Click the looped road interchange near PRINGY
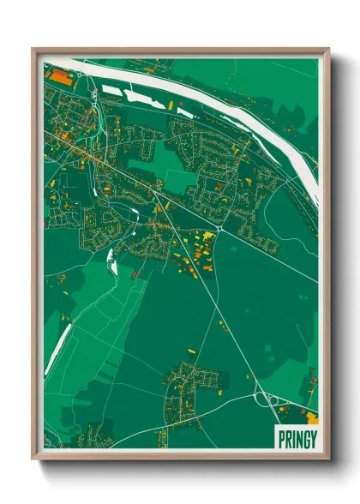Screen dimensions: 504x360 [265, 398]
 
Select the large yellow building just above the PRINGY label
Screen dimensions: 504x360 [311, 418]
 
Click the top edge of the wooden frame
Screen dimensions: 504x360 [180, 51]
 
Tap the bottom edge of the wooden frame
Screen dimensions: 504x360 [180, 455]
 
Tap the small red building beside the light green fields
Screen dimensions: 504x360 [135, 273]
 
